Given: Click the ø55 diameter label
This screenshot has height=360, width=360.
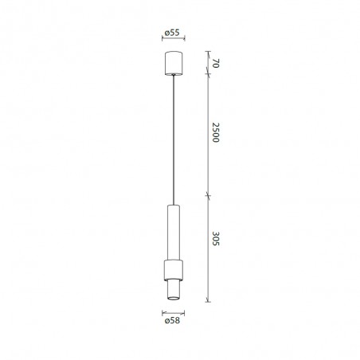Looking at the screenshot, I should (174, 33).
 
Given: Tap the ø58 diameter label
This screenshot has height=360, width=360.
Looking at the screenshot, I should (174, 323).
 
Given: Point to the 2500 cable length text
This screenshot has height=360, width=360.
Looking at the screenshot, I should (215, 133).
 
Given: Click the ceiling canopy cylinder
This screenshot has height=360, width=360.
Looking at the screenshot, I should (174, 64).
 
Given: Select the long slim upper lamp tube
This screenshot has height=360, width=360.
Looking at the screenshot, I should (174, 231).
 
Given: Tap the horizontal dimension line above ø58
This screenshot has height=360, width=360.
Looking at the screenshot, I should (174, 313).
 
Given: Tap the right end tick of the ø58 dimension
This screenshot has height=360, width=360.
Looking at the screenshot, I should (185, 313).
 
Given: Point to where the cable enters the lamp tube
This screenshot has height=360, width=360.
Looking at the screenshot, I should (174, 205).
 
